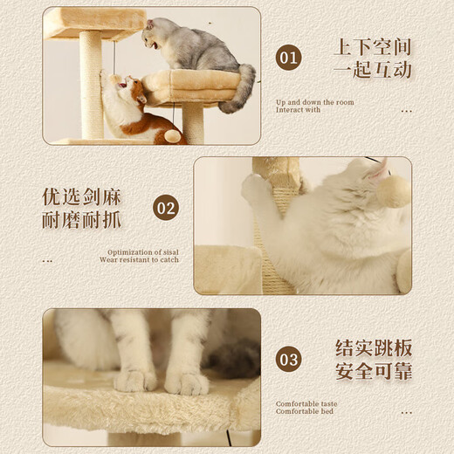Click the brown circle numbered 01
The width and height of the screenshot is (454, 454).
(x=288, y=58)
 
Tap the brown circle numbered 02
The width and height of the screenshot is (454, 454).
(x=166, y=209)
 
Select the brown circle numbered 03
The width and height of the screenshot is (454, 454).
(x=289, y=359)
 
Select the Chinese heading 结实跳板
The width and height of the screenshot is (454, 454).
(x=373, y=347)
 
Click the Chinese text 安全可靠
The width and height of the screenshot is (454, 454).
(x=373, y=372)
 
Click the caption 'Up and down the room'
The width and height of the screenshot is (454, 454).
(x=314, y=102)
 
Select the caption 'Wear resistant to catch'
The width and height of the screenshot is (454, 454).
(x=139, y=260)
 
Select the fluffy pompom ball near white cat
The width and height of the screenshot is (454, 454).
(x=393, y=191)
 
